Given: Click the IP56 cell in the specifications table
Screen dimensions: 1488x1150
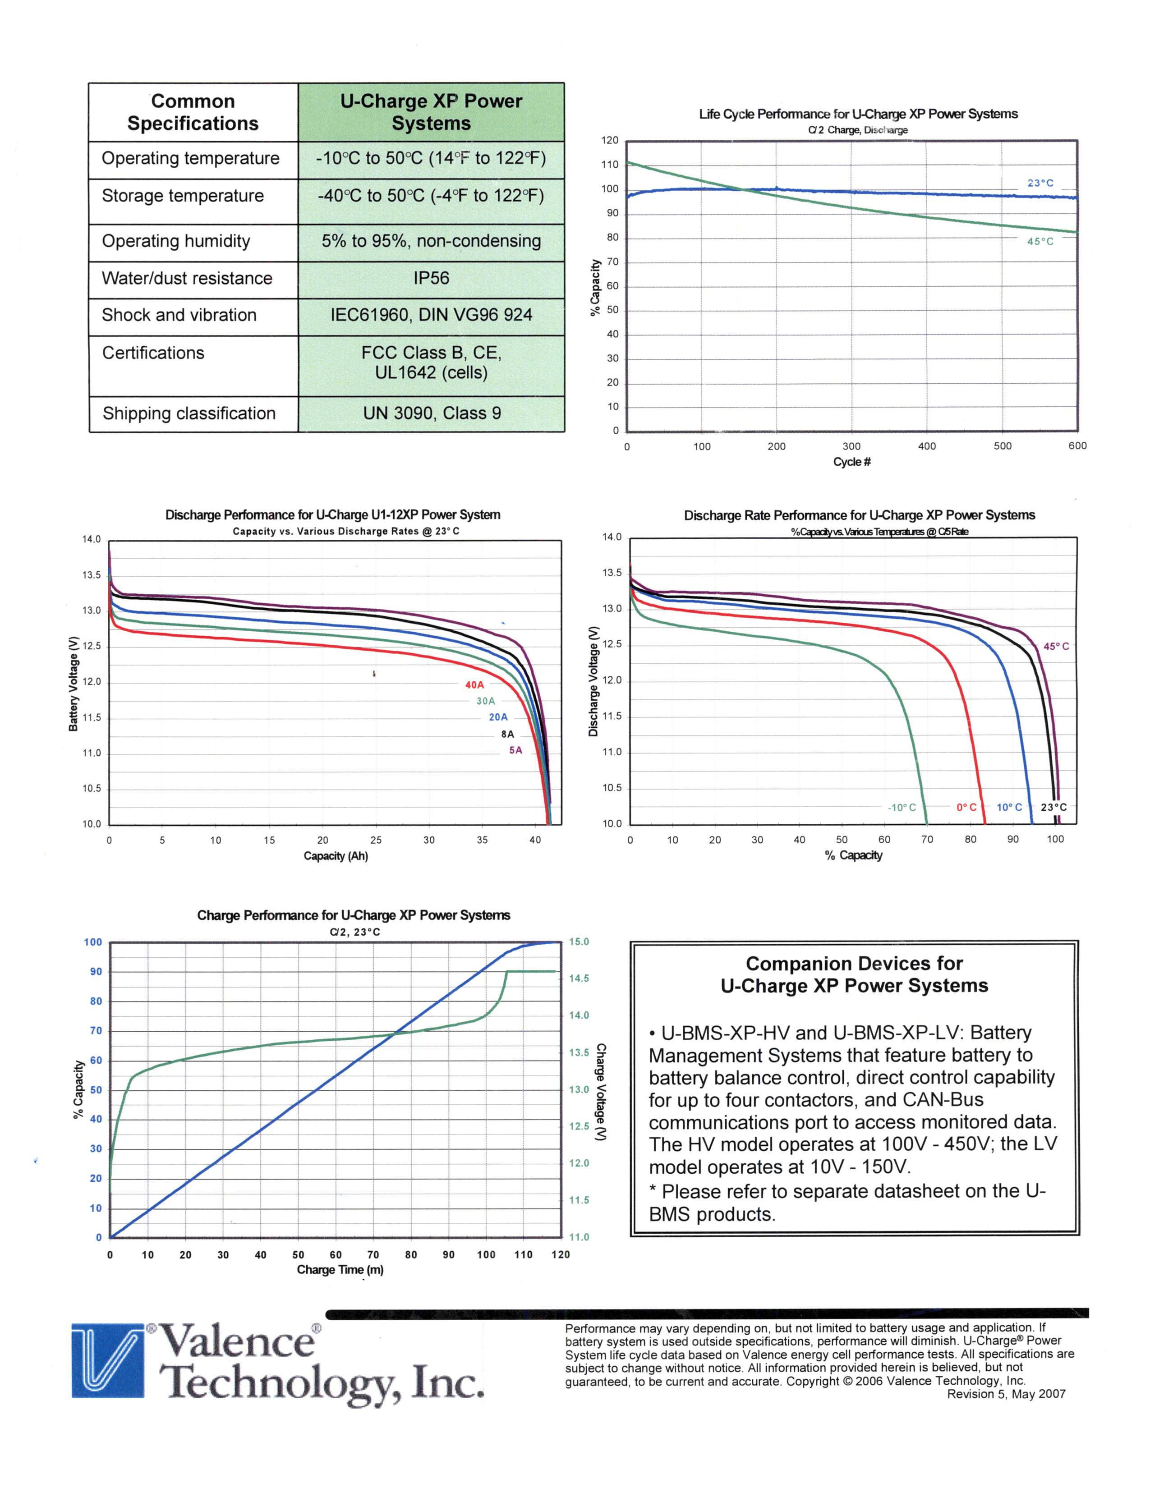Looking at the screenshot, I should tap(431, 278).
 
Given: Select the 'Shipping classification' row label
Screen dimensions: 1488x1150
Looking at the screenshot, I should tap(189, 413).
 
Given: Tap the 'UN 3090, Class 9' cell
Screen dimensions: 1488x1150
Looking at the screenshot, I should tap(431, 413).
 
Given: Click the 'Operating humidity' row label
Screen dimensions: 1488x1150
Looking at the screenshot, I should tap(176, 241).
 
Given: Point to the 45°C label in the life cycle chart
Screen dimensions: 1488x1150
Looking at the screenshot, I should tap(1040, 241).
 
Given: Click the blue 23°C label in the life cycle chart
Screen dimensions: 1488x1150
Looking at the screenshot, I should tap(1040, 183).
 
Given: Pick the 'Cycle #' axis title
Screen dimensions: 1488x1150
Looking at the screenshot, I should tap(851, 462).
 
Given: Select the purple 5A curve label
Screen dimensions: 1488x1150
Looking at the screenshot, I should tap(516, 750).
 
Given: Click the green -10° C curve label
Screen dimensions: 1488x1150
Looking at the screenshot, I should tap(902, 808).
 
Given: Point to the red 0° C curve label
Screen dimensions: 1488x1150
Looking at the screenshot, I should tap(966, 808).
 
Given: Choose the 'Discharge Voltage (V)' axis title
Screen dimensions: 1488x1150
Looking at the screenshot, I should tap(593, 681).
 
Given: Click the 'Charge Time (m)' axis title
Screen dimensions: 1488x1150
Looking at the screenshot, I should tap(340, 1270).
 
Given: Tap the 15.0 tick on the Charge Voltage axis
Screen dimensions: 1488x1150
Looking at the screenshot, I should tap(579, 942).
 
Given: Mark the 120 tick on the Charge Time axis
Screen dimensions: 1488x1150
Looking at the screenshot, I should tap(560, 1254).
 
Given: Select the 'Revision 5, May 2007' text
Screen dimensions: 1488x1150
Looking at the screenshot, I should tap(1006, 1394).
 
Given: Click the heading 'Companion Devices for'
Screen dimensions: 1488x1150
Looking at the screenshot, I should tap(854, 964).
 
